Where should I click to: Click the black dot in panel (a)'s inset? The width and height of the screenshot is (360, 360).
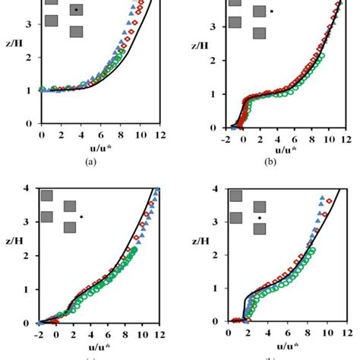(77, 10)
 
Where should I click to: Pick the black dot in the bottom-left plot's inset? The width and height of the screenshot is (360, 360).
(81, 217)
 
